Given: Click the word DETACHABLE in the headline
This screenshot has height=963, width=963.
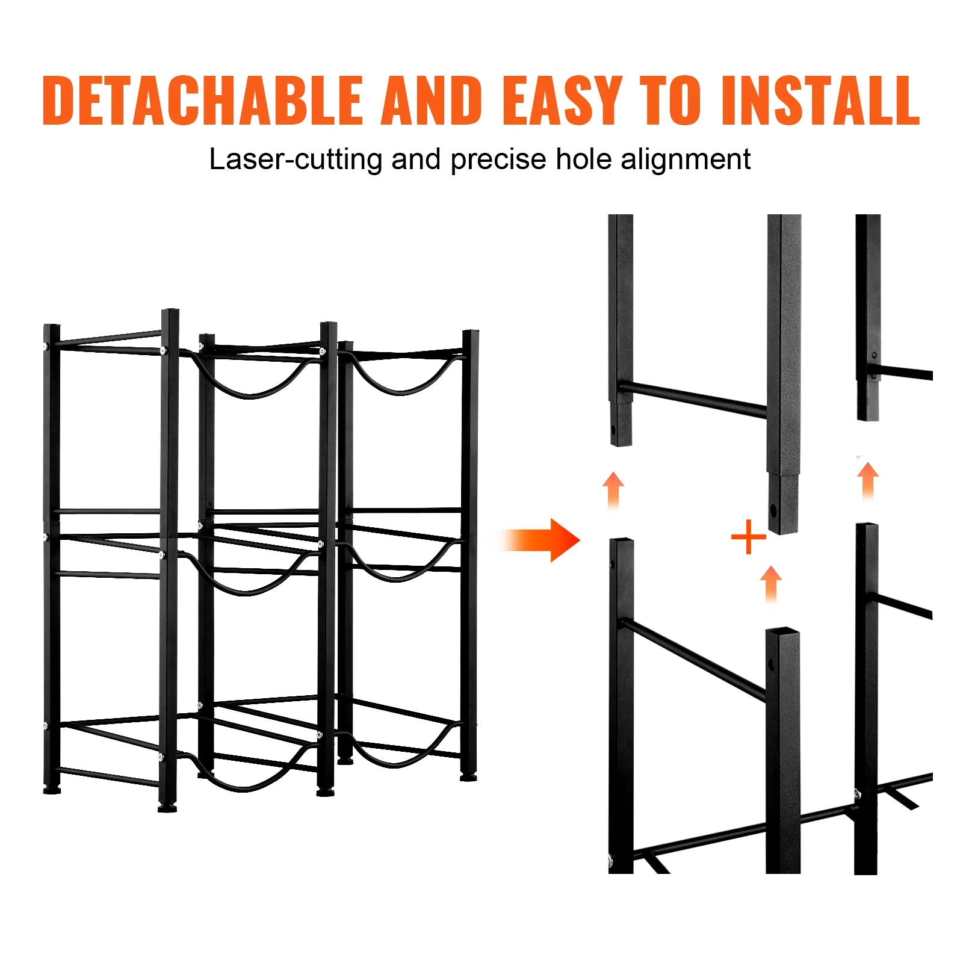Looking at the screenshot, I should (x=202, y=101).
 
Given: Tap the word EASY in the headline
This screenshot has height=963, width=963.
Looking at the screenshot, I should (x=560, y=101).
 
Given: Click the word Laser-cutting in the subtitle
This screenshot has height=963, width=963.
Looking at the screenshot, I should (x=295, y=160).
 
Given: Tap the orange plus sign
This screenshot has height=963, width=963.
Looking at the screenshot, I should (x=748, y=536).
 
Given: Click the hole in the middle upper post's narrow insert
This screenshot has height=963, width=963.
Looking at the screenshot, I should (x=773, y=511).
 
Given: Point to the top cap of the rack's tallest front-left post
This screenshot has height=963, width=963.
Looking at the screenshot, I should (x=170, y=312).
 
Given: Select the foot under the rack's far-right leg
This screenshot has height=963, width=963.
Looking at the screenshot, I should (x=468, y=778).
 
